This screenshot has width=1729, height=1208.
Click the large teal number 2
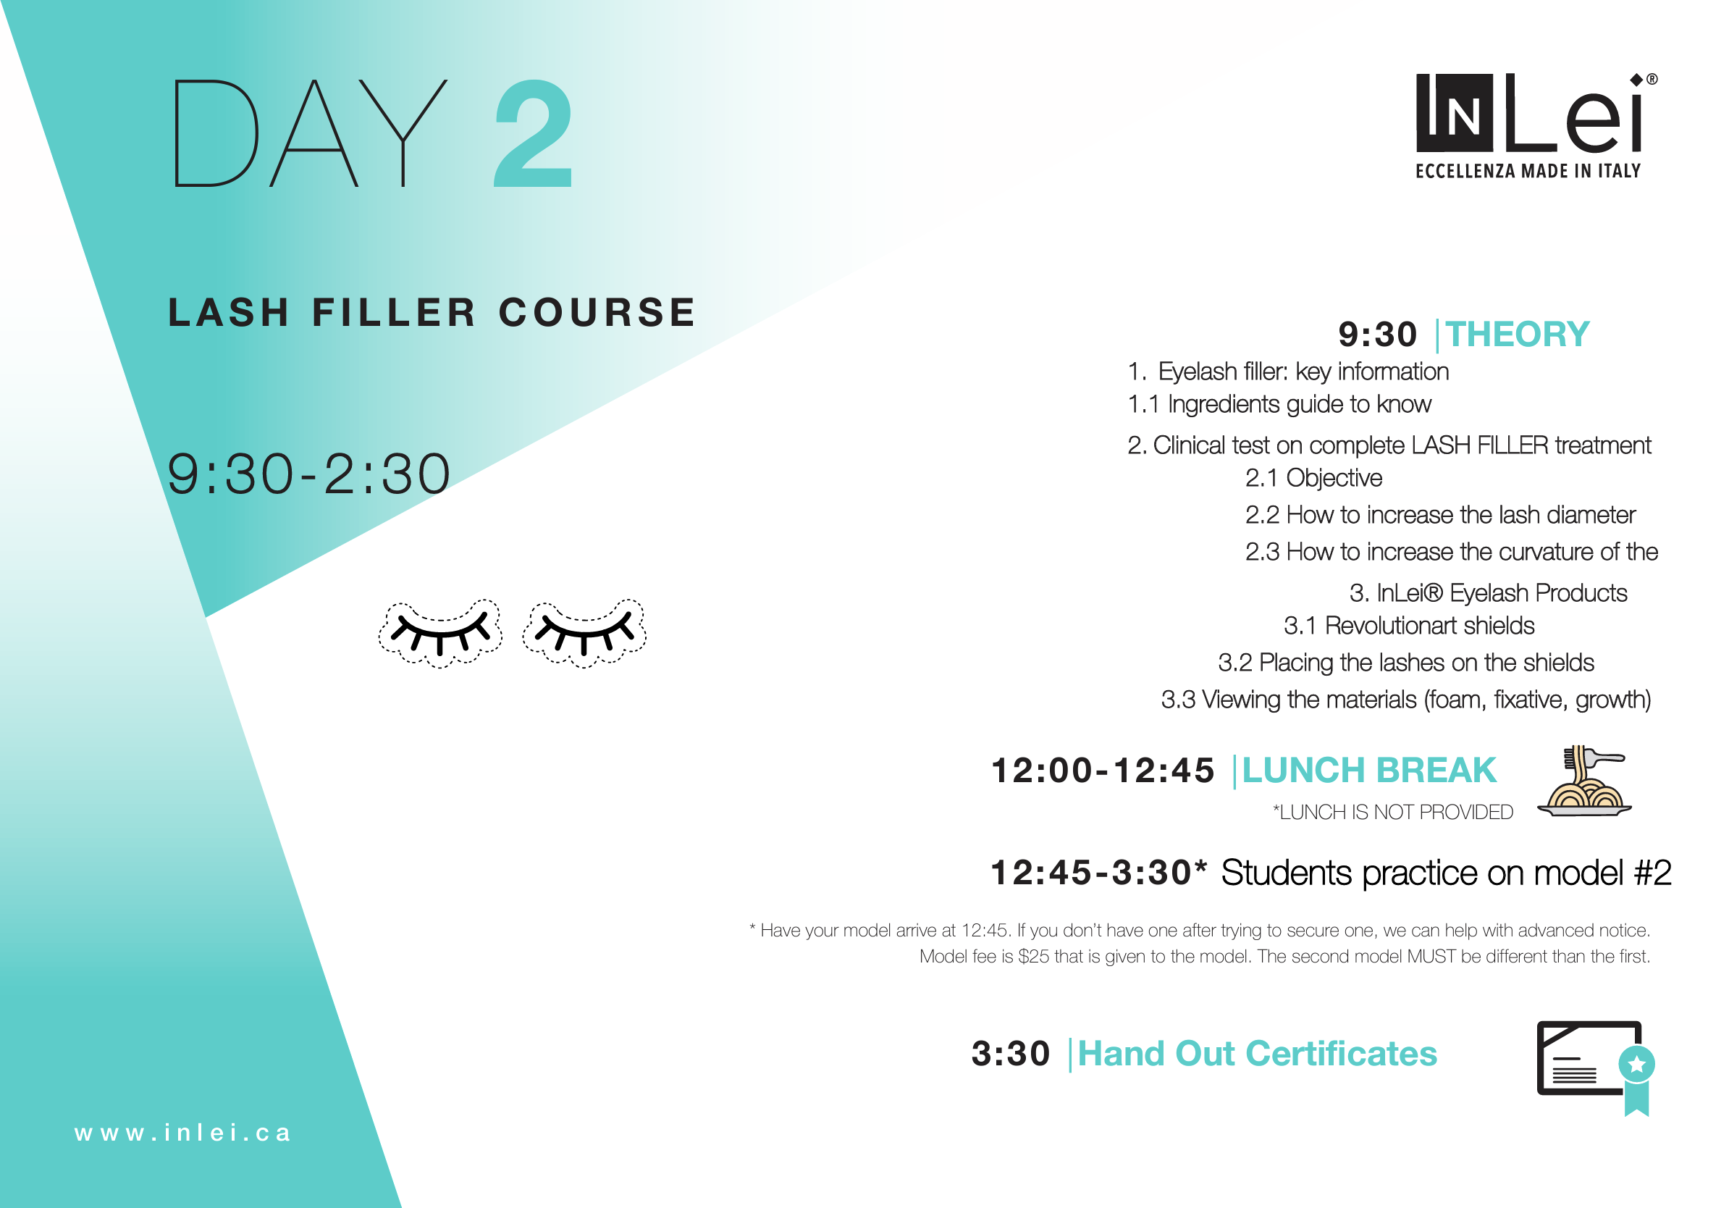click(x=533, y=134)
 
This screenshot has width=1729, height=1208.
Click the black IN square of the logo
click(x=1454, y=113)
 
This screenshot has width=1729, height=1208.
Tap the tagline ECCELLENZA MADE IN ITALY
click(x=1527, y=172)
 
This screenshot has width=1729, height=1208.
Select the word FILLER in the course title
click(x=394, y=313)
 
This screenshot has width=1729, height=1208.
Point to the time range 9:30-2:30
click(x=308, y=474)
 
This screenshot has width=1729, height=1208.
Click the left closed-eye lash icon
click(x=439, y=633)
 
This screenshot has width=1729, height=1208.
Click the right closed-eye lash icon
click(x=584, y=633)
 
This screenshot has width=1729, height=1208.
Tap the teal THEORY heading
click(x=1517, y=335)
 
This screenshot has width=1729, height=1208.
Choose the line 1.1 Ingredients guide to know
click(x=1279, y=404)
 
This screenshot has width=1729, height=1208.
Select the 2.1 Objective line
click(x=1313, y=478)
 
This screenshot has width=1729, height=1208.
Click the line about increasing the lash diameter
click(x=1440, y=515)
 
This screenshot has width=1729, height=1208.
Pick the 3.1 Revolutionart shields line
click(x=1408, y=626)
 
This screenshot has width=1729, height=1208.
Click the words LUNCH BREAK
click(x=1368, y=771)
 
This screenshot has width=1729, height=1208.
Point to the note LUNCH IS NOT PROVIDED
click(x=1392, y=812)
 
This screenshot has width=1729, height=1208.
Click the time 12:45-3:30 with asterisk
click(x=1098, y=873)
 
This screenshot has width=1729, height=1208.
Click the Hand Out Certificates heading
click(x=1257, y=1054)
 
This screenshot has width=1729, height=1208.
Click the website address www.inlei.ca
click(x=182, y=1133)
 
